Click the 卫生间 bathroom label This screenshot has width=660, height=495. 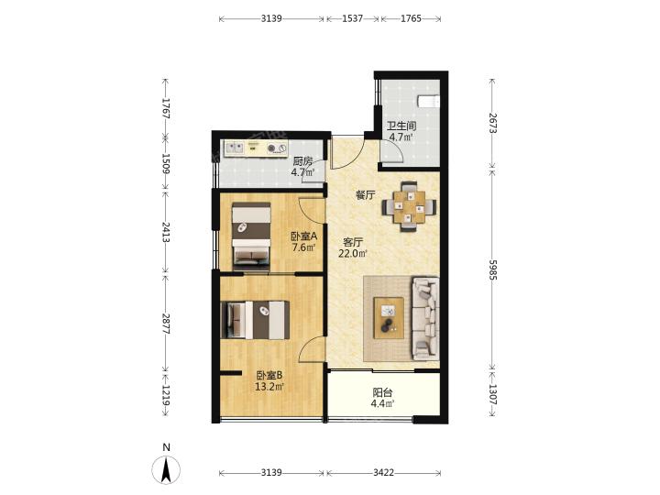pos(401,126)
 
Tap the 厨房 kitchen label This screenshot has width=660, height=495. pos(303,160)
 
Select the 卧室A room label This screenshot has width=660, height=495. pos(304,236)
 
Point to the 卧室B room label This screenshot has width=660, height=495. pos(269,375)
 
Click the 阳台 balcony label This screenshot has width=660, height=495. pos(382,392)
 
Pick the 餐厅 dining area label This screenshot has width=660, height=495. pos(366,195)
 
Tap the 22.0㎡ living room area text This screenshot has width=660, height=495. pos(353,253)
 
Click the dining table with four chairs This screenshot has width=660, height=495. pos(408,206)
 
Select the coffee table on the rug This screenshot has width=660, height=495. pos(389,318)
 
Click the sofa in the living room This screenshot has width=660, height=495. pos(425,318)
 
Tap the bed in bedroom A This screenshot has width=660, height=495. pos(252,236)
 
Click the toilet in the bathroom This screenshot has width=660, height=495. pos(428,102)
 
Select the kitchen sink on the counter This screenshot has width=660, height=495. pos(235,148)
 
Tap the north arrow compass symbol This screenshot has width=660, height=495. pos(166,469)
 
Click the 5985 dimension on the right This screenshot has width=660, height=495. pos(492,269)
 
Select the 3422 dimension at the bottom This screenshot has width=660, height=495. pos(383,473)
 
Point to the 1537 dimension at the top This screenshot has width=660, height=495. pos(352,18)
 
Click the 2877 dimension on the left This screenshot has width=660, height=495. pos(166,324)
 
